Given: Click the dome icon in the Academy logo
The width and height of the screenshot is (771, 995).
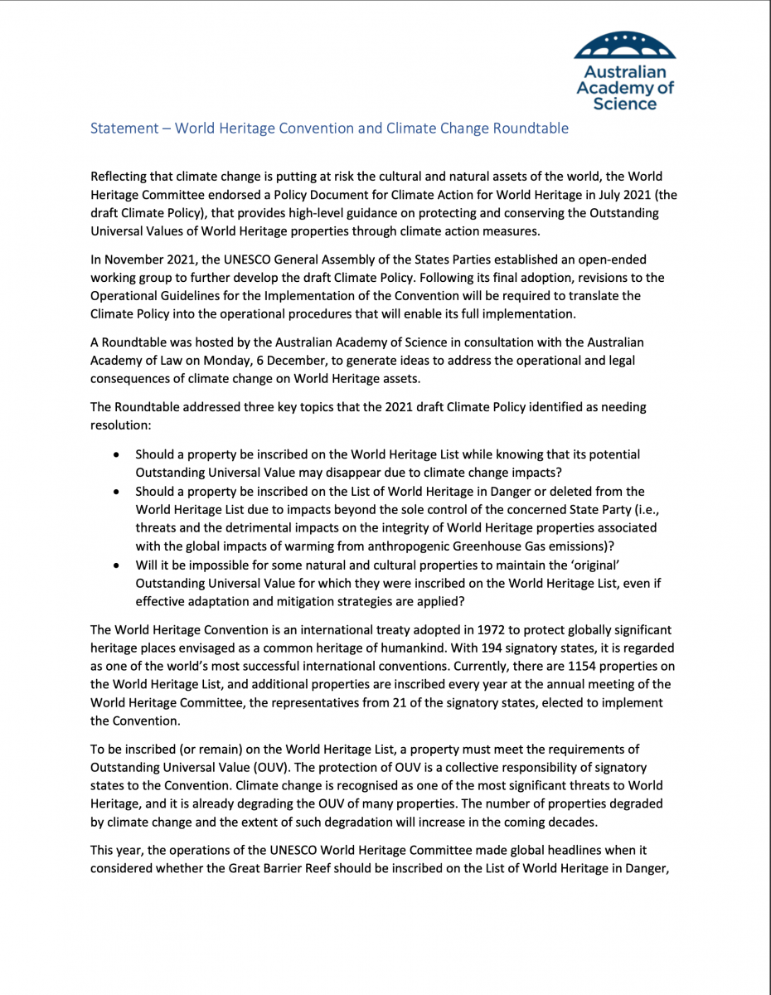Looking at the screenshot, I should coord(625,46).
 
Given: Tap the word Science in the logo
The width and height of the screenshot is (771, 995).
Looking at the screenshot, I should coord(625,104).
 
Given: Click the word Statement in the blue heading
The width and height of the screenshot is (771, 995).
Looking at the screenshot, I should coord(124,129).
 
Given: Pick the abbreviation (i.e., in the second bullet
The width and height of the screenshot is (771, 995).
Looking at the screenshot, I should coord(635,510).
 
